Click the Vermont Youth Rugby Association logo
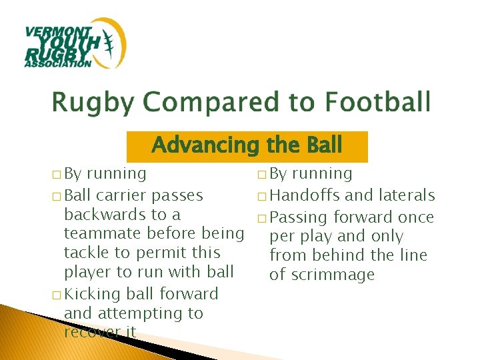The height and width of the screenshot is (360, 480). pos(75,44)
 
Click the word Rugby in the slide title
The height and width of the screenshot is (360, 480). pos(94,103)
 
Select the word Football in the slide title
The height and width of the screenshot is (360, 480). pos(377,103)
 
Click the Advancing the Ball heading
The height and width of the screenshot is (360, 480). pos(247,145)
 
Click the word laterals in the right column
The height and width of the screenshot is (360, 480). pos(407,195)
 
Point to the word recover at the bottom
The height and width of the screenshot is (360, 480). pos(91,331)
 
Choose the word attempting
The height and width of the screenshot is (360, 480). pos(136,313)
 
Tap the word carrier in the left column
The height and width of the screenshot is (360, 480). pos(121,195)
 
